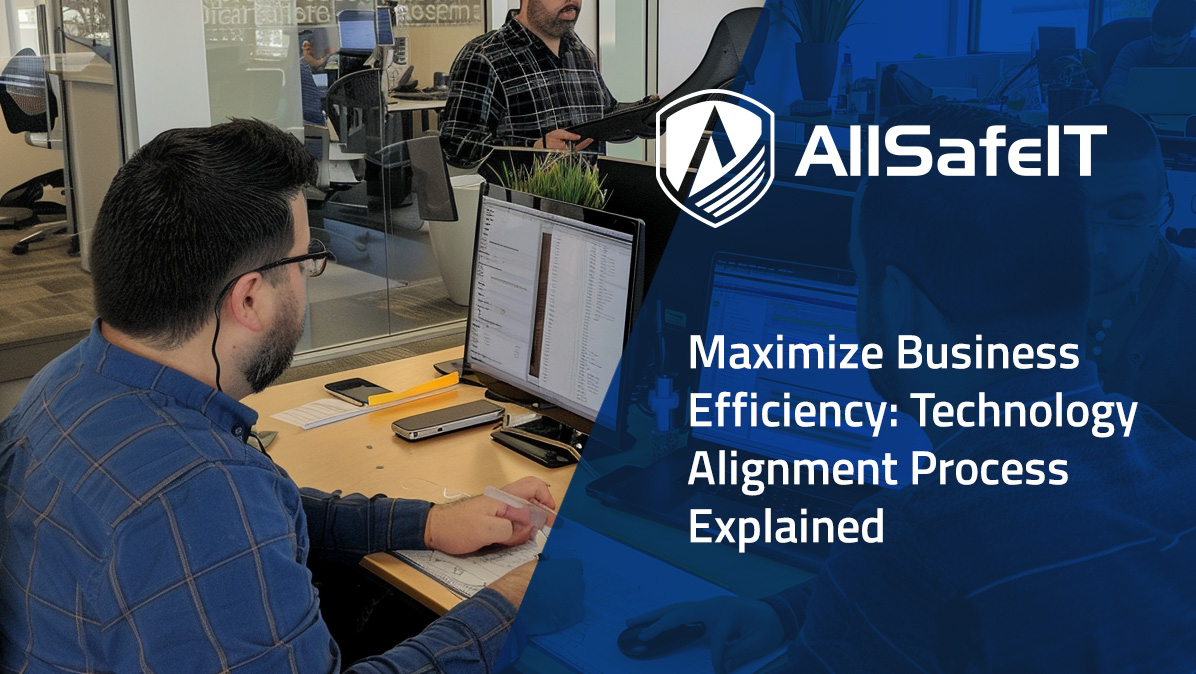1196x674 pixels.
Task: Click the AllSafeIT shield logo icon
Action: [x=714, y=157]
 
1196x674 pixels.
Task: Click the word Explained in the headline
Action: [x=786, y=526]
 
